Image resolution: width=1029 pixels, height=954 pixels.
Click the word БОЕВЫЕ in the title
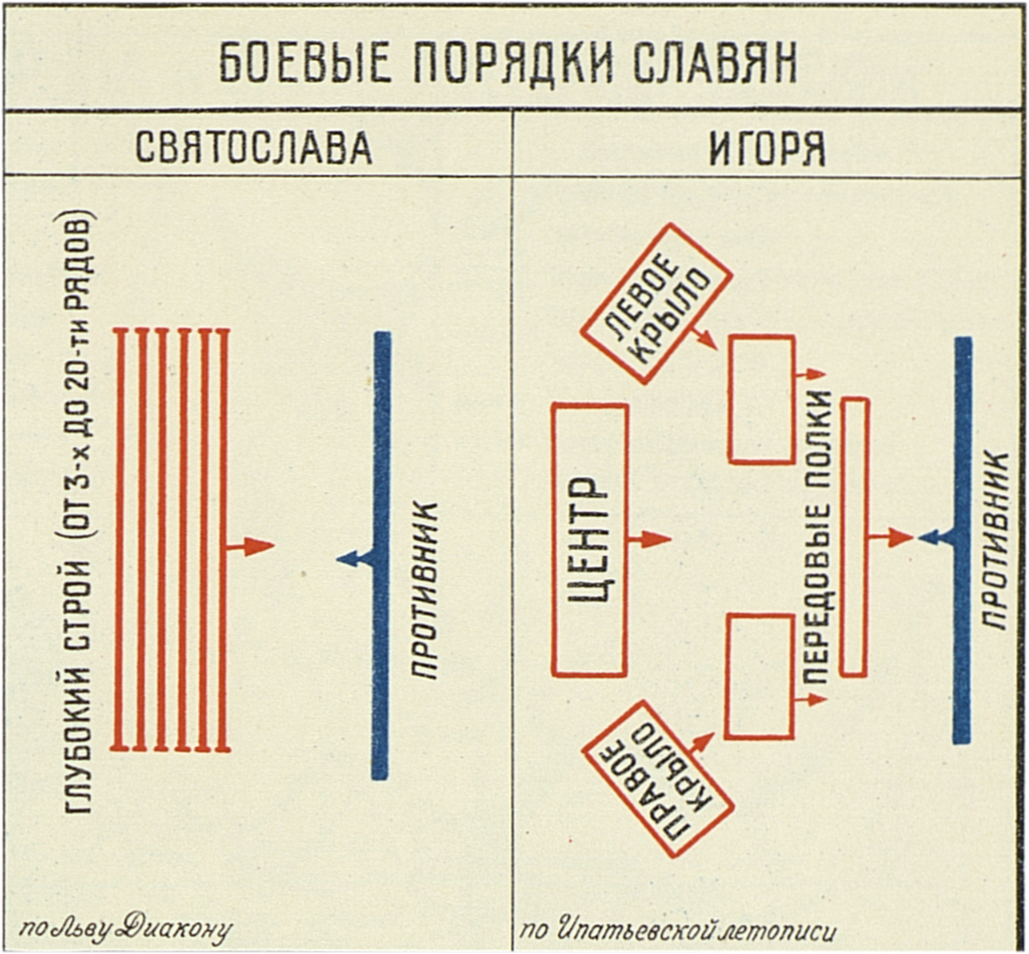(x=288, y=64)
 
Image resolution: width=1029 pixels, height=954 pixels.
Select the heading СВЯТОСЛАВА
(x=254, y=148)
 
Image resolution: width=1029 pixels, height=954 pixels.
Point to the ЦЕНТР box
(x=590, y=540)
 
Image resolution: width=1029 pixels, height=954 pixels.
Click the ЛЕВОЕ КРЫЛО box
(x=656, y=303)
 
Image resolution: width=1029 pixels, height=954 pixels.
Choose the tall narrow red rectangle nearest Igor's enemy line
(x=854, y=537)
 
